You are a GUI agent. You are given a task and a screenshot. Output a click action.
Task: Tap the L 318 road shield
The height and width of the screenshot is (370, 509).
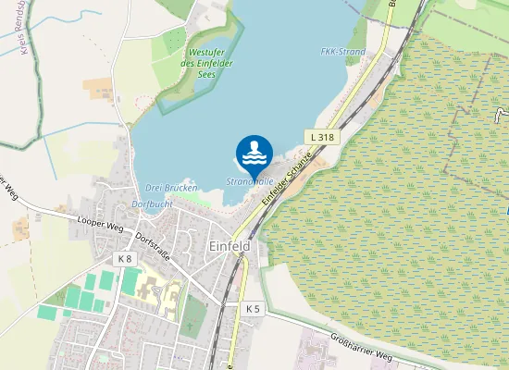pos(322,137)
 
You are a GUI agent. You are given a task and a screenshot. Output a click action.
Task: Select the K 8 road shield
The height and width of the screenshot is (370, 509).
pos(126,258)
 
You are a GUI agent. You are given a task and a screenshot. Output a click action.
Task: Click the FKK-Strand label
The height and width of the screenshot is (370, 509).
pos(342,52)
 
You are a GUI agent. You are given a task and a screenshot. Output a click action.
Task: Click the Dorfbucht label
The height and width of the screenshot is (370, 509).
pos(153,203)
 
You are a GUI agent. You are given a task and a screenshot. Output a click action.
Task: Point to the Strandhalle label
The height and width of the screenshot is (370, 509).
pos(247,182)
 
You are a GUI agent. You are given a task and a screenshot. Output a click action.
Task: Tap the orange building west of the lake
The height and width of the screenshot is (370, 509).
pos(98,88)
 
